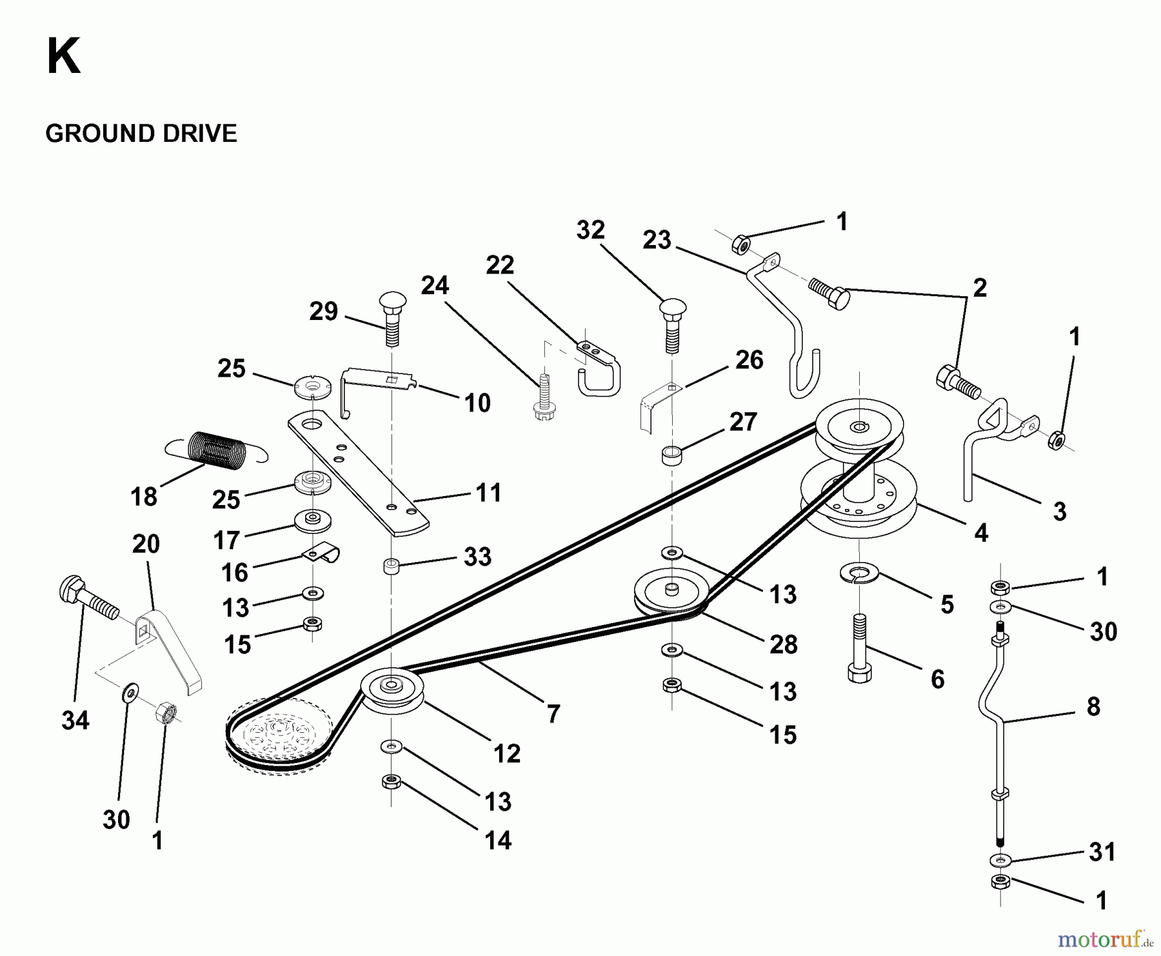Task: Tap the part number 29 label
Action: click(x=324, y=312)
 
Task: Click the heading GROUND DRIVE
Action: click(x=141, y=134)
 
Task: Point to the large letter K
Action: click(x=64, y=57)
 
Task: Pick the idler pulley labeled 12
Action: click(x=392, y=690)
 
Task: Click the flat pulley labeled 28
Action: click(x=671, y=592)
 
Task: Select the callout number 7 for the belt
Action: click(x=553, y=714)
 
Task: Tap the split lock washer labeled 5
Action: click(x=858, y=573)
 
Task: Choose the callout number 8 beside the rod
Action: click(x=1093, y=706)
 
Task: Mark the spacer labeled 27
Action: click(x=671, y=454)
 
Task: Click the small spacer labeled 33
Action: click(x=391, y=567)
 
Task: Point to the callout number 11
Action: click(x=488, y=493)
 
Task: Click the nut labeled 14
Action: click(x=390, y=782)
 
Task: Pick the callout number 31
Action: click(x=1102, y=852)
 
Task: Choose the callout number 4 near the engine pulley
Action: click(x=980, y=533)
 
